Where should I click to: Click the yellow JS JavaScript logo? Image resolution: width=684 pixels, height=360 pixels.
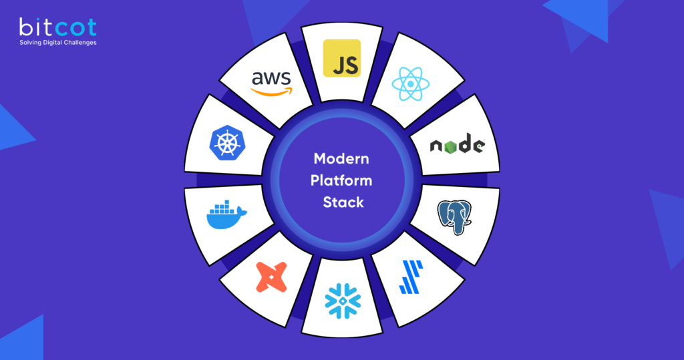pos(341,58)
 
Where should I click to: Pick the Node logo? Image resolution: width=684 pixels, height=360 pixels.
pos(457,144)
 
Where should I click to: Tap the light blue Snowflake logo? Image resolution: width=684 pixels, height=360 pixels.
pos(343,301)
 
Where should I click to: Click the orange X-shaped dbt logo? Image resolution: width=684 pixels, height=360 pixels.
pos(272,276)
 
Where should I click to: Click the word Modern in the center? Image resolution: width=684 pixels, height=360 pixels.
pos(341,159)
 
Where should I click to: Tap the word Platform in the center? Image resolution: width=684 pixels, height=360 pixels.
pos(343,180)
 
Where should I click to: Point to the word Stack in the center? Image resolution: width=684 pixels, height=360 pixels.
pos(343,202)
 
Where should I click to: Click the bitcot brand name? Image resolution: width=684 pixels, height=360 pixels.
pos(57,27)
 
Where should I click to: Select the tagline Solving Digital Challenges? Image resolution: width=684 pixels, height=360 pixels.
pos(57,43)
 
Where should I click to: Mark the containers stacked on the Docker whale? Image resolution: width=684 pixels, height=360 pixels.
pos(222,205)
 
